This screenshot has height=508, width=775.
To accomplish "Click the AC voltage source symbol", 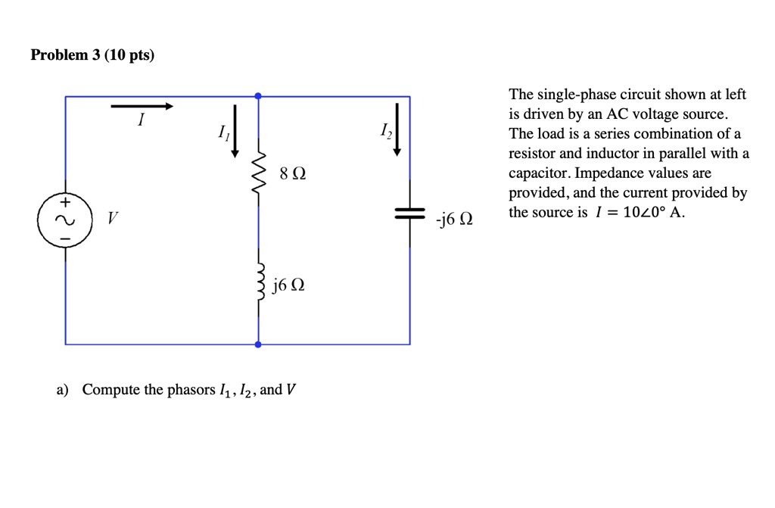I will [x=64, y=220].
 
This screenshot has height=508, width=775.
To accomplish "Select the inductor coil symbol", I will [x=260, y=282].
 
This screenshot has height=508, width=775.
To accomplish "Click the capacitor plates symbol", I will [x=410, y=215].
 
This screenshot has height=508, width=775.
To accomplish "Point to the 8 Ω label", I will [x=292, y=174].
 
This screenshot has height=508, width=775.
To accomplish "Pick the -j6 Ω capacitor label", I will [x=454, y=220].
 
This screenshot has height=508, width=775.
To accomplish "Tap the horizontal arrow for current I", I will [x=142, y=107].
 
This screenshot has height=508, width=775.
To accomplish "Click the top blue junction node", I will [x=259, y=96].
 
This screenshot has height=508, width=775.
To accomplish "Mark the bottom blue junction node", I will [x=259, y=344].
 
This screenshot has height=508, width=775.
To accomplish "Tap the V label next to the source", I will [x=112, y=220].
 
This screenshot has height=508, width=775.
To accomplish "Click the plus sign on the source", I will [x=65, y=203].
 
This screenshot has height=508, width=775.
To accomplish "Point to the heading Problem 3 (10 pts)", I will [x=92, y=55].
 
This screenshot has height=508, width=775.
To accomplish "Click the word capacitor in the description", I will [x=537, y=173].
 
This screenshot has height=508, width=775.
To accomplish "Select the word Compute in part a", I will [x=110, y=390].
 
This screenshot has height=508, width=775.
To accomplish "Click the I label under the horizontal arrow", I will [x=140, y=121].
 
